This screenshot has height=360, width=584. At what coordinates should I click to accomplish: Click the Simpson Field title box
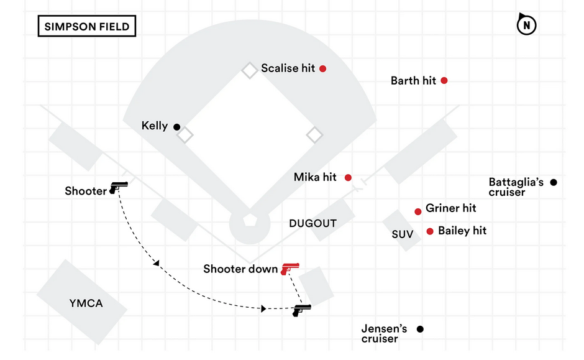click(x=87, y=27)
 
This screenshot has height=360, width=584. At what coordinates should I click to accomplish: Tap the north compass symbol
click(x=527, y=25)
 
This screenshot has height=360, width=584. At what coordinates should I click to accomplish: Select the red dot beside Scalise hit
click(x=322, y=68)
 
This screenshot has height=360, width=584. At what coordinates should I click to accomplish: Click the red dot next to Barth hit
click(x=444, y=80)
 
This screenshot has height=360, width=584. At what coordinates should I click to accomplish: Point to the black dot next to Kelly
click(x=176, y=127)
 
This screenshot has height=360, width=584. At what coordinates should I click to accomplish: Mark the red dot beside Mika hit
click(x=348, y=177)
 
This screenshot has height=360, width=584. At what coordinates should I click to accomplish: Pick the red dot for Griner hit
click(x=418, y=211)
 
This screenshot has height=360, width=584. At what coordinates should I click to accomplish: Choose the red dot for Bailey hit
click(x=430, y=231)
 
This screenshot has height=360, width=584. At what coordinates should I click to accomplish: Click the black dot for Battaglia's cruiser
click(x=554, y=182)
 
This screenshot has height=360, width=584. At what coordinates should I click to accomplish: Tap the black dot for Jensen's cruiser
click(x=420, y=329)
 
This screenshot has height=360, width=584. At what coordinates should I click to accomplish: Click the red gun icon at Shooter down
click(x=289, y=267)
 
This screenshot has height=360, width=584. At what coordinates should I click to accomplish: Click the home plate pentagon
click(x=249, y=221)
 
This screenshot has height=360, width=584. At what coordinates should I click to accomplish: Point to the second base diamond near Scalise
click(x=249, y=70)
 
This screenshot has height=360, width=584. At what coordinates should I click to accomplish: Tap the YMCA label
click(x=86, y=303)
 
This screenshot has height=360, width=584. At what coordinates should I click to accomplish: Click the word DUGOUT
click(x=313, y=223)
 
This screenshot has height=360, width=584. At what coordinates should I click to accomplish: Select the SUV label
click(x=402, y=234)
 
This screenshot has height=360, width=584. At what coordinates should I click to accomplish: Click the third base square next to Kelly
click(x=185, y=135)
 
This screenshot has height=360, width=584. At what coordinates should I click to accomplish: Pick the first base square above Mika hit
click(x=314, y=134)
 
